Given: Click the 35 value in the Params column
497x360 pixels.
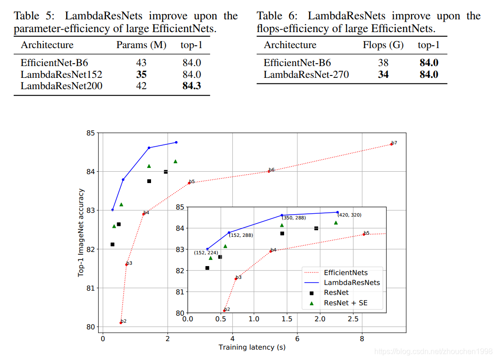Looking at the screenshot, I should point(141,74).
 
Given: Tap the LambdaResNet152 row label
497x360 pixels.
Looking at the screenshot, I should point(61,74).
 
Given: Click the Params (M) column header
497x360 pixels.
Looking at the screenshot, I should point(141,45).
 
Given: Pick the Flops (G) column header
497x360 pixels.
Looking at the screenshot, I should point(383,45).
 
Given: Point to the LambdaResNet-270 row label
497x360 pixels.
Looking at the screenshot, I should point(306,75).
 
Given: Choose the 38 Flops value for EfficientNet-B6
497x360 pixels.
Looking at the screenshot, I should point(383,63).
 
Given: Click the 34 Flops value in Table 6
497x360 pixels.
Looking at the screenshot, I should point(383,75).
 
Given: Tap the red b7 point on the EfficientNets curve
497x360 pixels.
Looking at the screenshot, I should point(391,144).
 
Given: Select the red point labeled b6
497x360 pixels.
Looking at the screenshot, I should point(269,171).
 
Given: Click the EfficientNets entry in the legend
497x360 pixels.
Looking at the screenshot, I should point(345,273).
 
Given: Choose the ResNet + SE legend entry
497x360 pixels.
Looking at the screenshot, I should point(345,303).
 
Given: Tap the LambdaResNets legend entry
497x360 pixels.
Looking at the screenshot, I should point(352,283).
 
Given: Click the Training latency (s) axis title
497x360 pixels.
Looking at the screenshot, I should point(252,347).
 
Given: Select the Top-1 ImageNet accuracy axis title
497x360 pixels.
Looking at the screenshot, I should point(81,233).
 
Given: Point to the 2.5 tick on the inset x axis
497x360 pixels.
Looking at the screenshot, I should point(353,319).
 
